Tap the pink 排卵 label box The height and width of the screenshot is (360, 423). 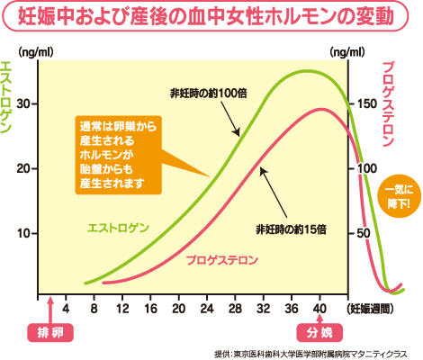(49, 332)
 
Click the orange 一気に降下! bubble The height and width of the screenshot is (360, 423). (398, 196)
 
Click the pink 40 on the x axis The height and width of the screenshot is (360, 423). (319, 309)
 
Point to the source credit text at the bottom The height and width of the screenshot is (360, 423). (310, 353)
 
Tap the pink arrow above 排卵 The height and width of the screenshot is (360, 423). (50, 310)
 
